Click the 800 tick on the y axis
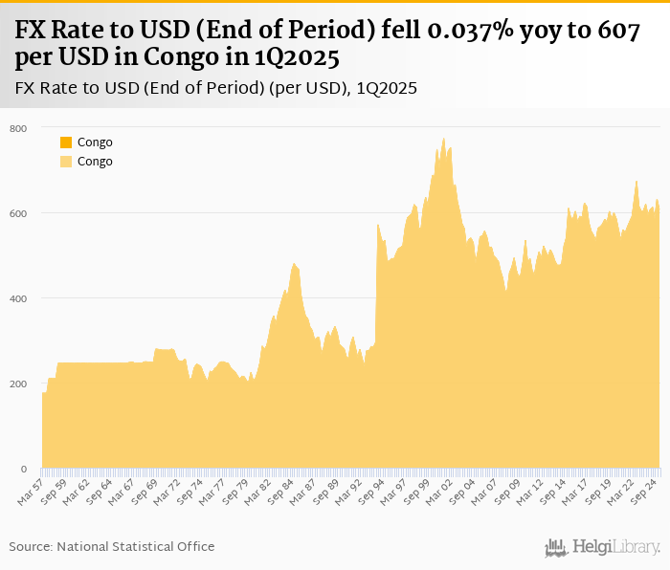(x=18, y=128)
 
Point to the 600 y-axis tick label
(x=18, y=213)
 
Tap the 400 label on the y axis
(x=18, y=298)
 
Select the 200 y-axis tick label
(x=18, y=384)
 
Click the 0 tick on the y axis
(x=23, y=469)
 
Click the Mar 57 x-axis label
(x=32, y=493)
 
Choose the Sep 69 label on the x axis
(x=144, y=493)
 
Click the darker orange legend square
(x=66, y=142)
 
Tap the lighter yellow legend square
(x=66, y=162)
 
